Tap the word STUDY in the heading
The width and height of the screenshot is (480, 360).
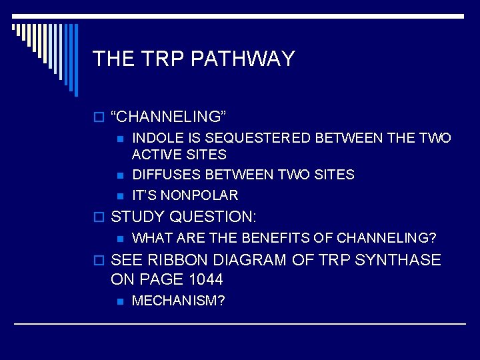[x=138, y=217]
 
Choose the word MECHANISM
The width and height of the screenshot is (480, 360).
[x=175, y=301]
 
